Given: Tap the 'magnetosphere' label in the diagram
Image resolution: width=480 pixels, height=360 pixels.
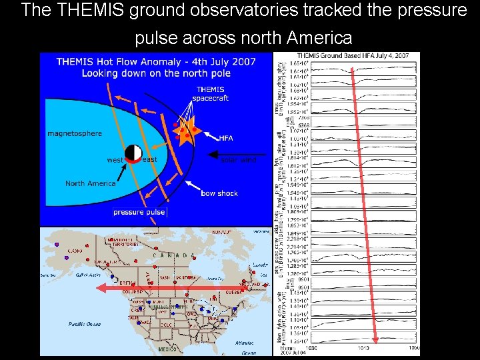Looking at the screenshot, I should tap(75, 133).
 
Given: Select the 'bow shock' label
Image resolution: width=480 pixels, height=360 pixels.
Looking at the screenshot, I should tap(219, 193).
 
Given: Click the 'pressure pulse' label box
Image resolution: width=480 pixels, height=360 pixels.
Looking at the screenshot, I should tap(139, 212).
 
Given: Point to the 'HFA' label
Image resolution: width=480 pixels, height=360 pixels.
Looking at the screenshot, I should tap(226, 138).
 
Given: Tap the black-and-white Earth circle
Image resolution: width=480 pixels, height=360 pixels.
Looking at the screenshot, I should tap(133, 154).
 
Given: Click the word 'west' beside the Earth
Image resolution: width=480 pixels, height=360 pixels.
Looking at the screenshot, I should tap(115, 160).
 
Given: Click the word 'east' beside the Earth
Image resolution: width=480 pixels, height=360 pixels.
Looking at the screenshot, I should tap(150, 159).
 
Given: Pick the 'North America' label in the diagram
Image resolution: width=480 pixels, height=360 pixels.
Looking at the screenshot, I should tap(90, 183).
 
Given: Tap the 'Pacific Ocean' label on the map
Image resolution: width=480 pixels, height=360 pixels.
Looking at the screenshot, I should tap(85, 324).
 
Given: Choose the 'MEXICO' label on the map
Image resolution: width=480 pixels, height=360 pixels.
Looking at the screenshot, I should tap(168, 349).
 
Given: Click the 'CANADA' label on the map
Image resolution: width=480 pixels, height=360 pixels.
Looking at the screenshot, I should tap(175, 255).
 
